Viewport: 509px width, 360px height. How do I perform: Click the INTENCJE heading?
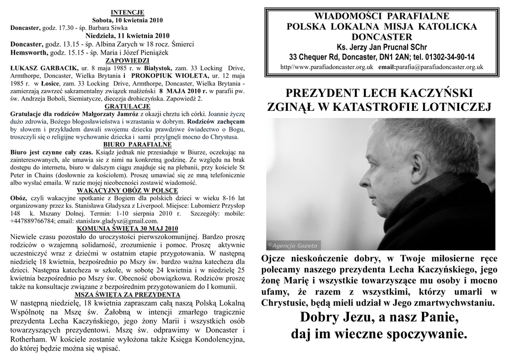127,12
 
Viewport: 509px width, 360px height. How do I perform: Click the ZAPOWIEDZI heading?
127,61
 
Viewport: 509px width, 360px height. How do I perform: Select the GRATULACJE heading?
127,106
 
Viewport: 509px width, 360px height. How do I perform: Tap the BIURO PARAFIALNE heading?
127,144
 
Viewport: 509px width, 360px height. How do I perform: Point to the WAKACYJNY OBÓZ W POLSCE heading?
127,190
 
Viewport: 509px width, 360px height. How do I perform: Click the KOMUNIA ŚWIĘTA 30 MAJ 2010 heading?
127,229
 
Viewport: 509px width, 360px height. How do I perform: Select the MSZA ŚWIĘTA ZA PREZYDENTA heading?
127,294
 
